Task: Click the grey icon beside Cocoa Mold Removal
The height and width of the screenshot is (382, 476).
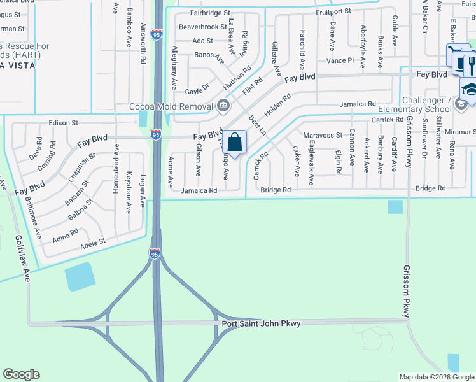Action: coord(223,105)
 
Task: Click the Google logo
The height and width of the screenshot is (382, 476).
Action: coord(21,374)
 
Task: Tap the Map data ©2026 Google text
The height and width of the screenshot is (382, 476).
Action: coord(436,377)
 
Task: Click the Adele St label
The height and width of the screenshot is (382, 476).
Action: coord(92,242)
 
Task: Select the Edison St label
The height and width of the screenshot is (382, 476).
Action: coord(63,122)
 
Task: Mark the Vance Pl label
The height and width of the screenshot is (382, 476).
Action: coord(340,60)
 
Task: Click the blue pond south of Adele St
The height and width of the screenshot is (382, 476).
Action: coord(79,276)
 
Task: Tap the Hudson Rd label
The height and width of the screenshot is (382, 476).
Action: coord(237,77)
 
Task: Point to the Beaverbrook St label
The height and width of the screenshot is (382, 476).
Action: coord(202,27)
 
